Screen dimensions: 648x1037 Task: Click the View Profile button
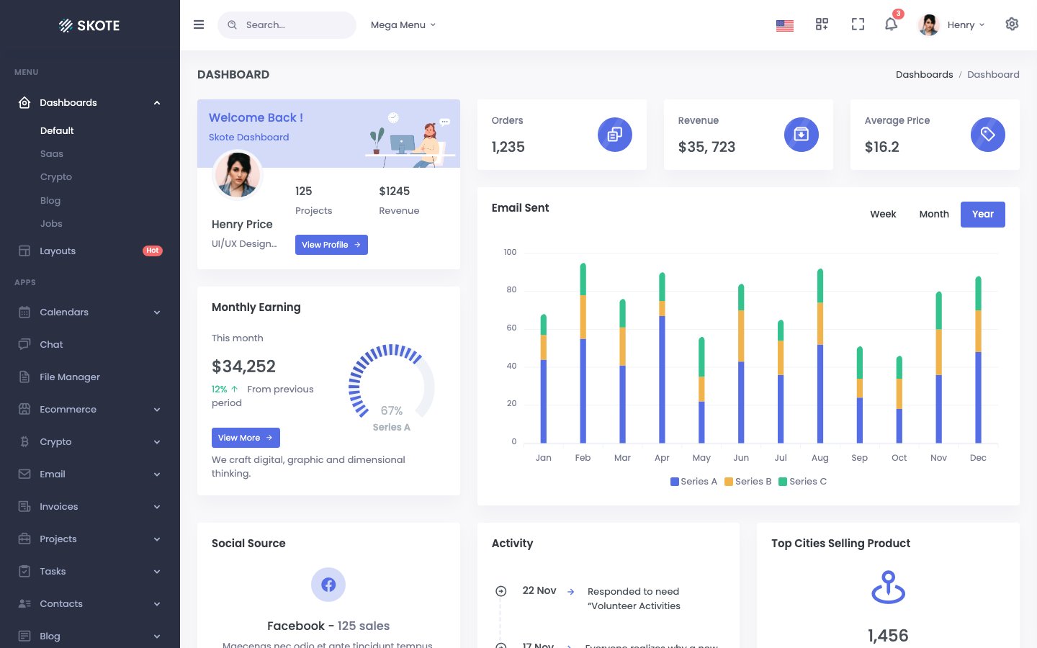(331, 245)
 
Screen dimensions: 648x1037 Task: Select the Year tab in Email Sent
(982, 215)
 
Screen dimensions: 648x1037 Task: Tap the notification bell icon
(891, 24)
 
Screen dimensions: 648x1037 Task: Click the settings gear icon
(1012, 24)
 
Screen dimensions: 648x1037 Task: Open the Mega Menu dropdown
(403, 25)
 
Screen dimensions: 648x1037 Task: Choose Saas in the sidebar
(52, 154)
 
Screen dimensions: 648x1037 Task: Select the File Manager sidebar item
(69, 377)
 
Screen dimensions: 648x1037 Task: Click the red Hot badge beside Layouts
(153, 251)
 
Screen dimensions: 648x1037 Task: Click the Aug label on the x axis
(820, 458)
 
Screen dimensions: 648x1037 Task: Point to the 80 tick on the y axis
(511, 290)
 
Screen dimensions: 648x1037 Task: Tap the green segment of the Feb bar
(583, 279)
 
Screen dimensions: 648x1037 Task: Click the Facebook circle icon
(328, 585)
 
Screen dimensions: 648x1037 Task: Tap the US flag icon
(785, 25)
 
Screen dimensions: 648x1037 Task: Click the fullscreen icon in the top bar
(858, 24)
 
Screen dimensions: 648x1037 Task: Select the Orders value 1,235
(508, 147)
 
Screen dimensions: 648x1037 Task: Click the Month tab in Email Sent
(934, 215)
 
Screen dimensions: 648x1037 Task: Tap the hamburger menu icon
(199, 24)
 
